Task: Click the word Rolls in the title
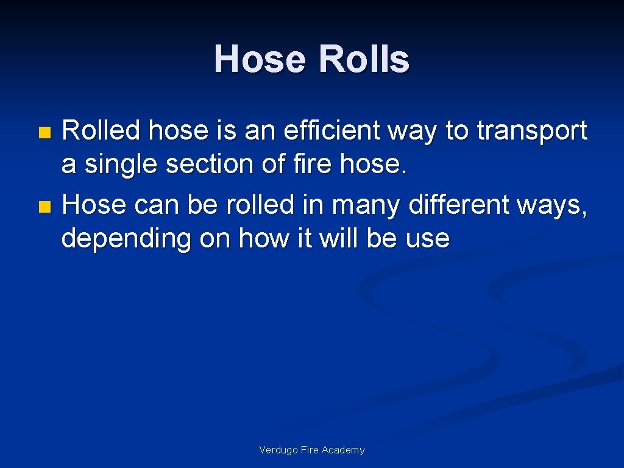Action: tap(364, 60)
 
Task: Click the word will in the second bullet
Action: tap(341, 238)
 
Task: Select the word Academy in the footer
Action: tap(343, 450)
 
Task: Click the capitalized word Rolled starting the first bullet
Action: tap(102, 130)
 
